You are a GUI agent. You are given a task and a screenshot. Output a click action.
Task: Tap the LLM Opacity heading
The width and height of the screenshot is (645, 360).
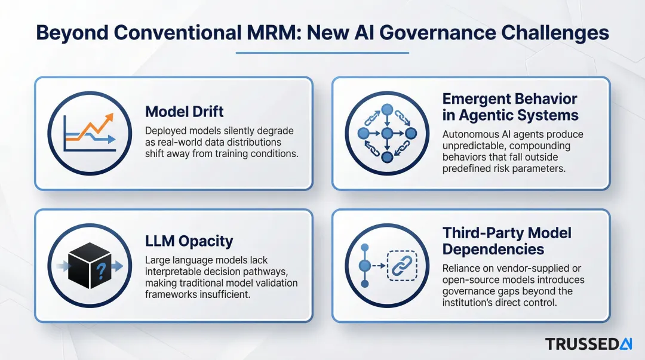pyautogui.click(x=189, y=241)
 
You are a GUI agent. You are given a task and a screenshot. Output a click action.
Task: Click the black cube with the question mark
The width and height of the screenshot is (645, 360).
pyautogui.click(x=90, y=266)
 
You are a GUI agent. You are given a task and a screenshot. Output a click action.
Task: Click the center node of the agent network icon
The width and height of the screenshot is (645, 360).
pyautogui.click(x=386, y=133)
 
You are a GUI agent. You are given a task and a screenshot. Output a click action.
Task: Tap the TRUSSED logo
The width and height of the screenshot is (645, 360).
pyautogui.click(x=588, y=344)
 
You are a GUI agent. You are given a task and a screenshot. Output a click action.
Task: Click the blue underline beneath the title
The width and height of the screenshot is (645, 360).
pyautogui.click(x=322, y=53)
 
